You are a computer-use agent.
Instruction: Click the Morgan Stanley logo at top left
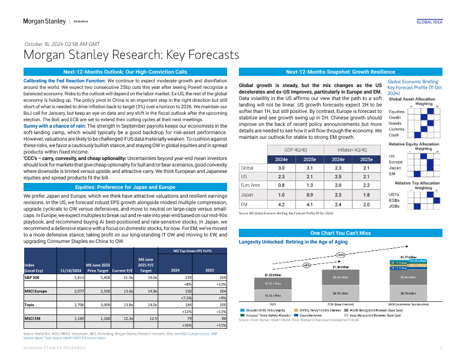coord(44,21)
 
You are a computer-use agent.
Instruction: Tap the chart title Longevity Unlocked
coord(298,242)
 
